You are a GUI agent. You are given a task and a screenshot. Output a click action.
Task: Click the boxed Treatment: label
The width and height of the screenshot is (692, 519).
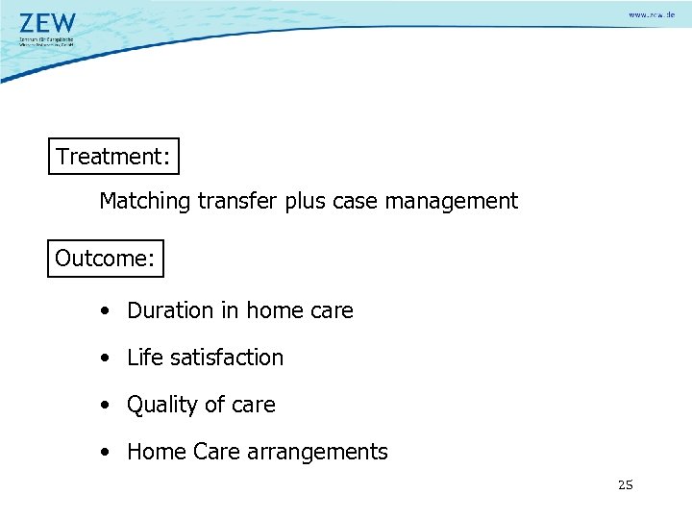tap(113, 157)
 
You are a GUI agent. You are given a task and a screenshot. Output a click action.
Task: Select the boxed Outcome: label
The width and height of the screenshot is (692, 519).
tap(106, 259)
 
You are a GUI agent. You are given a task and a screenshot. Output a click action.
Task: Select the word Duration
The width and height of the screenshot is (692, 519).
tap(169, 311)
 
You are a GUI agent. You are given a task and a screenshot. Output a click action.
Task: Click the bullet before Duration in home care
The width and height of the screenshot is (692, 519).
tap(102, 311)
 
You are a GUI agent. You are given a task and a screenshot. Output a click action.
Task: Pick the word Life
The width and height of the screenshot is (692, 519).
tap(145, 358)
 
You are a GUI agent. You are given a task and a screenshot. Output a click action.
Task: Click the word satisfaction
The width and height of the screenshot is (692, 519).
tap(227, 358)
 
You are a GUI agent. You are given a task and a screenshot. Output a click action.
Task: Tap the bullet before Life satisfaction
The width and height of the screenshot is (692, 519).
tap(102, 358)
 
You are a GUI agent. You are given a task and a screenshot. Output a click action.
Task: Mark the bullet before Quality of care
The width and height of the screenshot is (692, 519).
tap(102, 406)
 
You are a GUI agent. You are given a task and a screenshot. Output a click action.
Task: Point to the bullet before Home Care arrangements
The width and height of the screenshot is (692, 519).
tap(102, 452)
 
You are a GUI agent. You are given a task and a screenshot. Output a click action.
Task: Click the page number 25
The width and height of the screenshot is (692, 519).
tap(626, 484)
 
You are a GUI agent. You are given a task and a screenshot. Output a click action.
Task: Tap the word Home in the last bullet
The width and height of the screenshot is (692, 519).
tap(152, 452)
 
